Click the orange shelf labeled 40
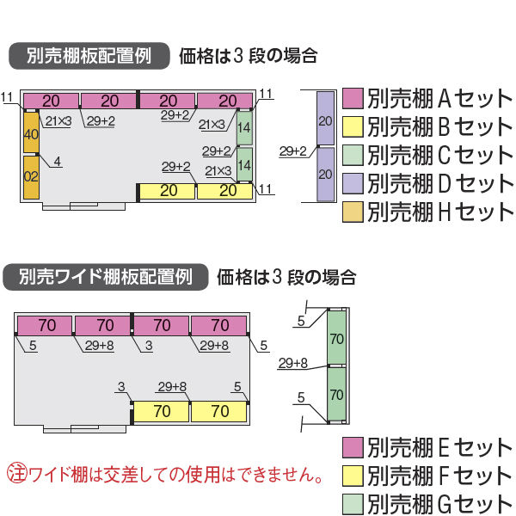click(x=31, y=132)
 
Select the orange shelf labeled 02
click(x=31, y=177)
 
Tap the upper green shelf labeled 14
click(x=244, y=128)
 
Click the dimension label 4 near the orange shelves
click(x=58, y=162)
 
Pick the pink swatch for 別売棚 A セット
click(x=353, y=98)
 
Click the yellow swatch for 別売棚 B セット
click(x=353, y=126)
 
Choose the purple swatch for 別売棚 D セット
click(x=353, y=184)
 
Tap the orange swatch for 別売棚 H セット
click(x=353, y=212)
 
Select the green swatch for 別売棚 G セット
click(x=353, y=504)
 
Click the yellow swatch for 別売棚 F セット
click(x=353, y=476)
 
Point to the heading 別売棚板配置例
click(x=89, y=56)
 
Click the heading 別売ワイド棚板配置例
click(x=105, y=277)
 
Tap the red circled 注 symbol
click(x=17, y=474)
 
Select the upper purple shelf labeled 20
click(x=325, y=118)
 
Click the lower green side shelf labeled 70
click(x=336, y=394)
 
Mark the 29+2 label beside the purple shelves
click(x=292, y=151)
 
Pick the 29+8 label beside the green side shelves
click(x=292, y=363)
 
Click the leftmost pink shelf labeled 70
click(x=45, y=325)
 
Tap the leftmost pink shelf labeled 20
click(x=51, y=101)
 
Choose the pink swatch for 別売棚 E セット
click(x=353, y=447)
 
